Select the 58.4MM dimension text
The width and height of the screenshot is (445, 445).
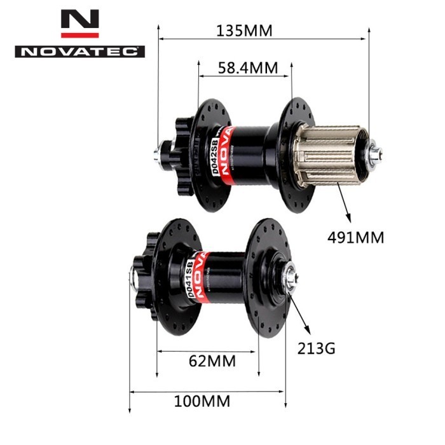pyautogui.click(x=245, y=68)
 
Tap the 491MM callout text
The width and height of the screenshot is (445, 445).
pyautogui.click(x=356, y=238)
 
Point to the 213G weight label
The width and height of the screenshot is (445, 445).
pyautogui.click(x=316, y=348)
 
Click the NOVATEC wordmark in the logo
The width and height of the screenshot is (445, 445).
pyautogui.click(x=79, y=51)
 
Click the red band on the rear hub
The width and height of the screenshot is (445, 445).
pyautogui.click(x=228, y=152)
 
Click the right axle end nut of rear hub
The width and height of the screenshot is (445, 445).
pyautogui.click(x=375, y=153)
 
